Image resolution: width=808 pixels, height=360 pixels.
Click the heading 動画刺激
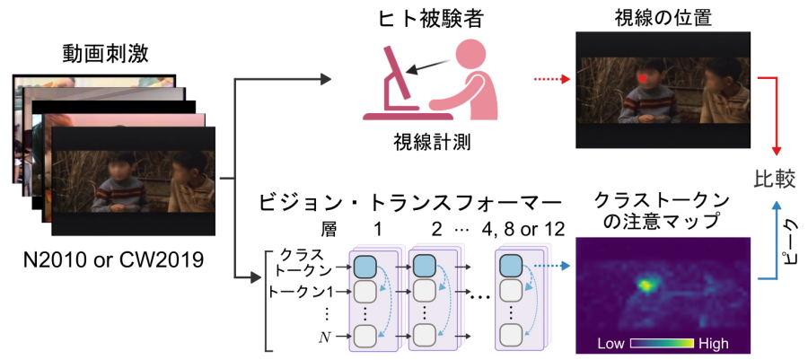106,54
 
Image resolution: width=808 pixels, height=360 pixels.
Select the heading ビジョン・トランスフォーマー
409,199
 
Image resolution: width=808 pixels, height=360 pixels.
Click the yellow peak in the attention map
646,285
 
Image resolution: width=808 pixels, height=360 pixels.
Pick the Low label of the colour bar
611,344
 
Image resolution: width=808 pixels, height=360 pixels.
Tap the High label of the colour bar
711,344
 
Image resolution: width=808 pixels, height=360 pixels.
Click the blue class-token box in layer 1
364,266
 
